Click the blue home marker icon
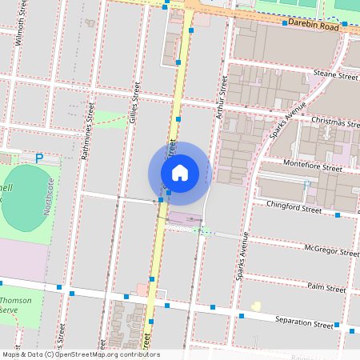(179, 173)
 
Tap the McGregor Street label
(332, 250)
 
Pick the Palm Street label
(326, 288)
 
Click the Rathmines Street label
(89, 130)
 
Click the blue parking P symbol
(38, 158)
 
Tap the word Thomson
(17, 301)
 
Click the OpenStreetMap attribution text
(80, 354)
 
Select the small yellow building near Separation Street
(256, 306)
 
